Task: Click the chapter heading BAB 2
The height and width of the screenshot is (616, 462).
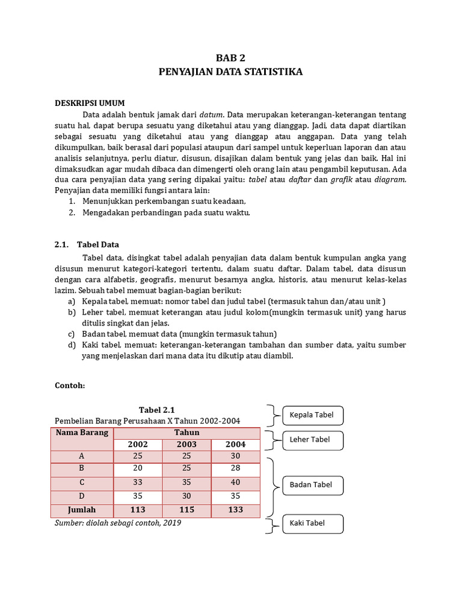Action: (231, 58)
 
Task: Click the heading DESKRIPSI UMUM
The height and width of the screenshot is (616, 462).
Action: (90, 103)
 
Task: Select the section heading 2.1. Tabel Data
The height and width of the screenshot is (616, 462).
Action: (87, 244)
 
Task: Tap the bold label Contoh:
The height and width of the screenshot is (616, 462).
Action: (70, 385)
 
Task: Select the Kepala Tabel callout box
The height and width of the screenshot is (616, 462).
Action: (312, 415)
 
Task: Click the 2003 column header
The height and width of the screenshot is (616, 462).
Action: (186, 445)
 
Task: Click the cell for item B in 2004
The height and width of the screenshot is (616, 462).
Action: (235, 469)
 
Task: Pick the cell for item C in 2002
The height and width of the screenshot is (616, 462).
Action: (138, 482)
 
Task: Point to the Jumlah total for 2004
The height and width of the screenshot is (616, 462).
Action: (235, 510)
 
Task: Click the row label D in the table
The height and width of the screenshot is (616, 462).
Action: (82, 496)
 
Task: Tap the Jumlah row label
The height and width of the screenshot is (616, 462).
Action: (82, 510)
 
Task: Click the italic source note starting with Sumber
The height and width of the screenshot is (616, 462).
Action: (118, 523)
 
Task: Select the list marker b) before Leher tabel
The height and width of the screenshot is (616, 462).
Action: (72, 312)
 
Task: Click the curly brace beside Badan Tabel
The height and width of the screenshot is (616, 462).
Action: (273, 485)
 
